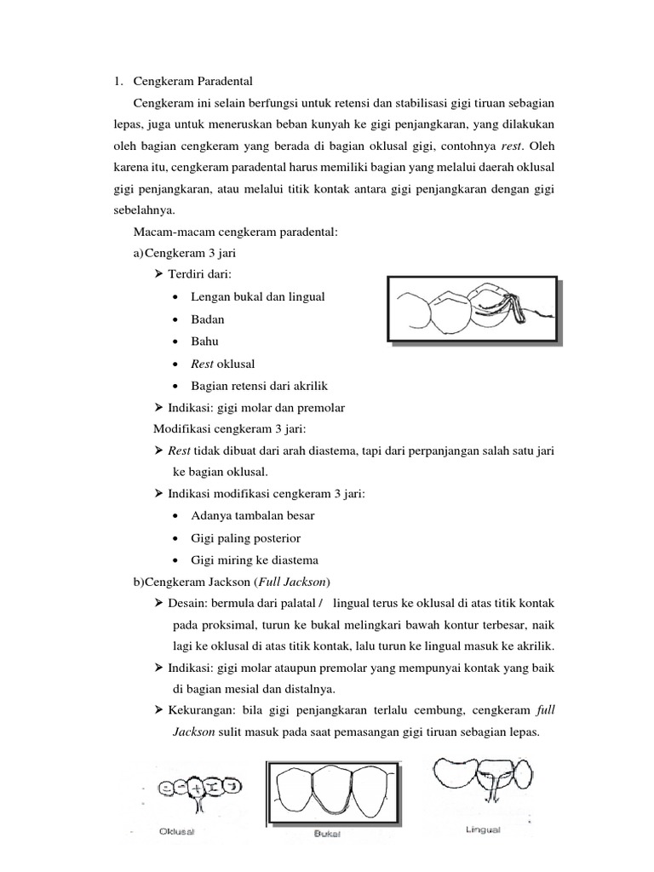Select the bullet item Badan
(x=207, y=318)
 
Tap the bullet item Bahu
(x=205, y=341)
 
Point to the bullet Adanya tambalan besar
(x=252, y=516)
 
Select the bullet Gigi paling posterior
(x=245, y=538)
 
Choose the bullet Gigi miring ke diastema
(x=255, y=560)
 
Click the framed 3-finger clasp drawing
(x=473, y=311)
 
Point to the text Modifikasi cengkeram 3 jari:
(x=227, y=428)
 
